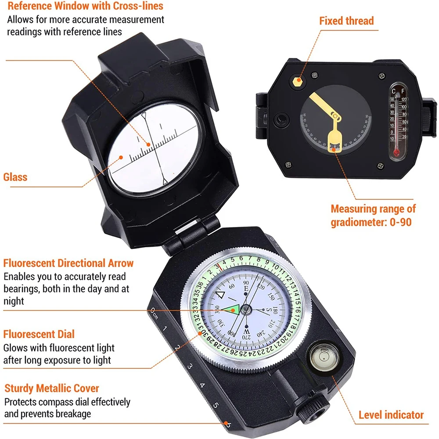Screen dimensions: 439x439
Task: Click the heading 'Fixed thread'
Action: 346,21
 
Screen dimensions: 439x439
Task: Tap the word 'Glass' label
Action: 15,177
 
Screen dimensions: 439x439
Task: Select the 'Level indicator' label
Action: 391,415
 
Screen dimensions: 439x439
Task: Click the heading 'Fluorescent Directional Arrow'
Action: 68,263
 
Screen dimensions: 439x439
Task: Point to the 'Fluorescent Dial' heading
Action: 39,334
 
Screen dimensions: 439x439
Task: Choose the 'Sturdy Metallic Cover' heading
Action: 52,388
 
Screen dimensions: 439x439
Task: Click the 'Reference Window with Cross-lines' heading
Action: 79,6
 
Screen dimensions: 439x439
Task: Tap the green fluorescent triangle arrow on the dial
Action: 231,309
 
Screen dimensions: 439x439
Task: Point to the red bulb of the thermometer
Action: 397,153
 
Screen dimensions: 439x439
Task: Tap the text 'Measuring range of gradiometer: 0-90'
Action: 373,215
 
